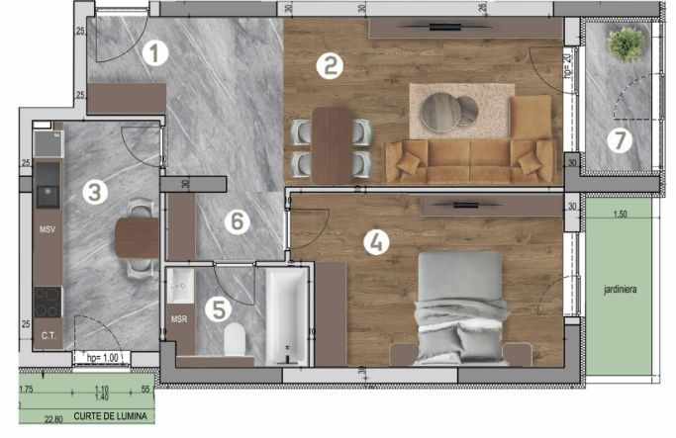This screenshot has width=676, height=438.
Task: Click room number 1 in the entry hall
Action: pyautogui.click(x=153, y=52)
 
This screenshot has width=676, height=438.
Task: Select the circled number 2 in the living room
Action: pyautogui.click(x=330, y=66)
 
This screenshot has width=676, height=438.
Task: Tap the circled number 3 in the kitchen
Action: pyautogui.click(x=94, y=192)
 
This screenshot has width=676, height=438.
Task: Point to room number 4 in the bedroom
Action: pyautogui.click(x=376, y=241)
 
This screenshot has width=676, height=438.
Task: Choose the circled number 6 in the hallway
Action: pyautogui.click(x=235, y=221)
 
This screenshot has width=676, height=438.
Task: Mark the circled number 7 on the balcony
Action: pyautogui.click(x=620, y=140)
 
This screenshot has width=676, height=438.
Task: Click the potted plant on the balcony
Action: pyautogui.click(x=626, y=44)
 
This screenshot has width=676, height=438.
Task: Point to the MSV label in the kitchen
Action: pyautogui.click(x=47, y=230)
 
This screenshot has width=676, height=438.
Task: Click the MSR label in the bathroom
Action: pyautogui.click(x=179, y=319)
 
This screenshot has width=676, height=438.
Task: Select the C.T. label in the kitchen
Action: pyautogui.click(x=48, y=335)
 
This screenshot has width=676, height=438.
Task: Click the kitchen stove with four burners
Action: pyautogui.click(x=48, y=302)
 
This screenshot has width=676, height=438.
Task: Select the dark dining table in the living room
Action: pyautogui.click(x=331, y=144)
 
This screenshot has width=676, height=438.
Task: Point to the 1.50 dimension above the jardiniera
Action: pyautogui.click(x=621, y=214)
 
